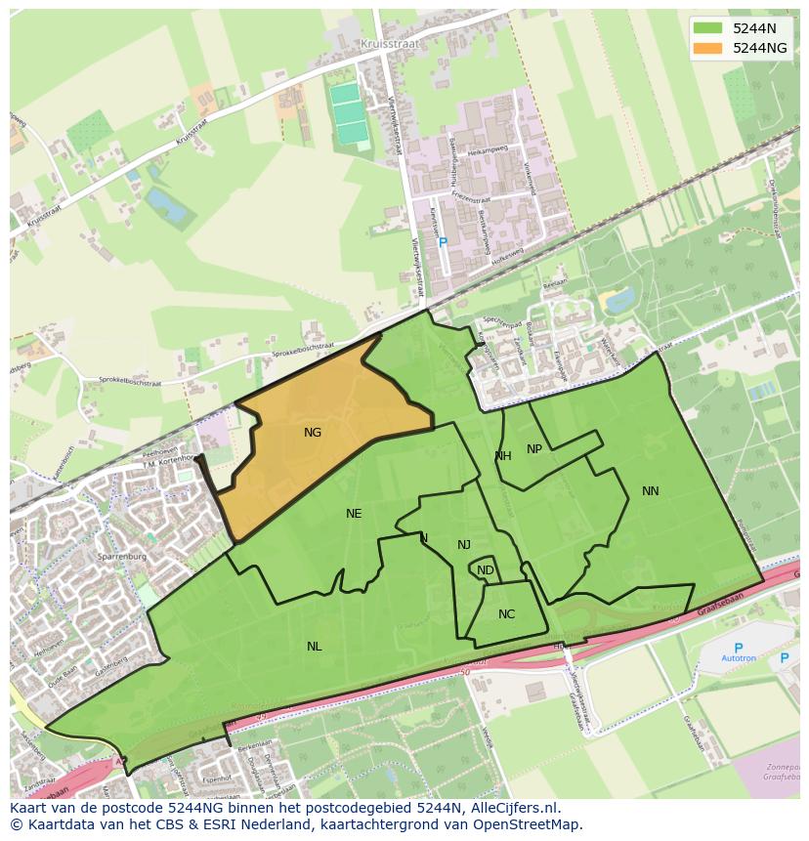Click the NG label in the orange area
[313, 433]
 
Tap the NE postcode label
[354, 514]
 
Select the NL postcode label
[314, 647]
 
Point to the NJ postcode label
[464, 545]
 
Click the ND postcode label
[486, 570]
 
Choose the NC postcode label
[506, 614]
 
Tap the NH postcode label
[503, 456]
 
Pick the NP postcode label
[534, 449]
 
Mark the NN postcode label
[651, 491]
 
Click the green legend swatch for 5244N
[708, 28]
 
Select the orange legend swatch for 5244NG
[708, 48]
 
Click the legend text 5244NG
[760, 48]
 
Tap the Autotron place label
[738, 660]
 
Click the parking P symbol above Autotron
[738, 648]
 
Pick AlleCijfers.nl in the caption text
[510, 808]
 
